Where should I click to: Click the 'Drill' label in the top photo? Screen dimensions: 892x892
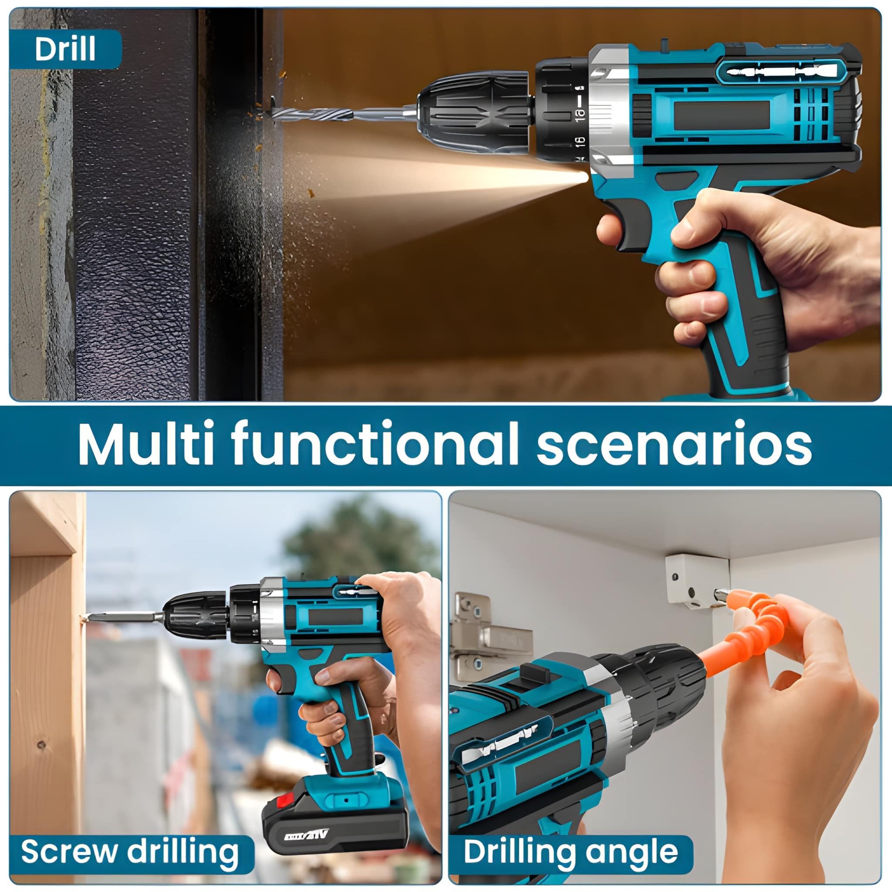click(65, 49)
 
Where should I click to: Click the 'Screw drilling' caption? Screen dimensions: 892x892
click(130, 851)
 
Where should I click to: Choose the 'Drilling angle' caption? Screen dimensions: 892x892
click(571, 851)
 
